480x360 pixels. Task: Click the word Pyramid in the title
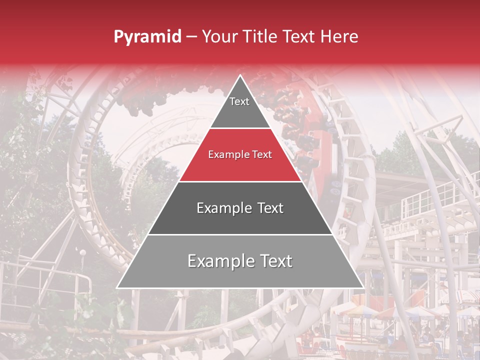(147, 36)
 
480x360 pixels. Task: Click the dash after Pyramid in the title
(191, 37)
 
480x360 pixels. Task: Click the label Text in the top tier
(239, 101)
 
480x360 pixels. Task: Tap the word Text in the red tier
(261, 155)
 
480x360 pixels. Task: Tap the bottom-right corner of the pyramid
(363, 287)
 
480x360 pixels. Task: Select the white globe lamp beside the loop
(83, 253)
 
